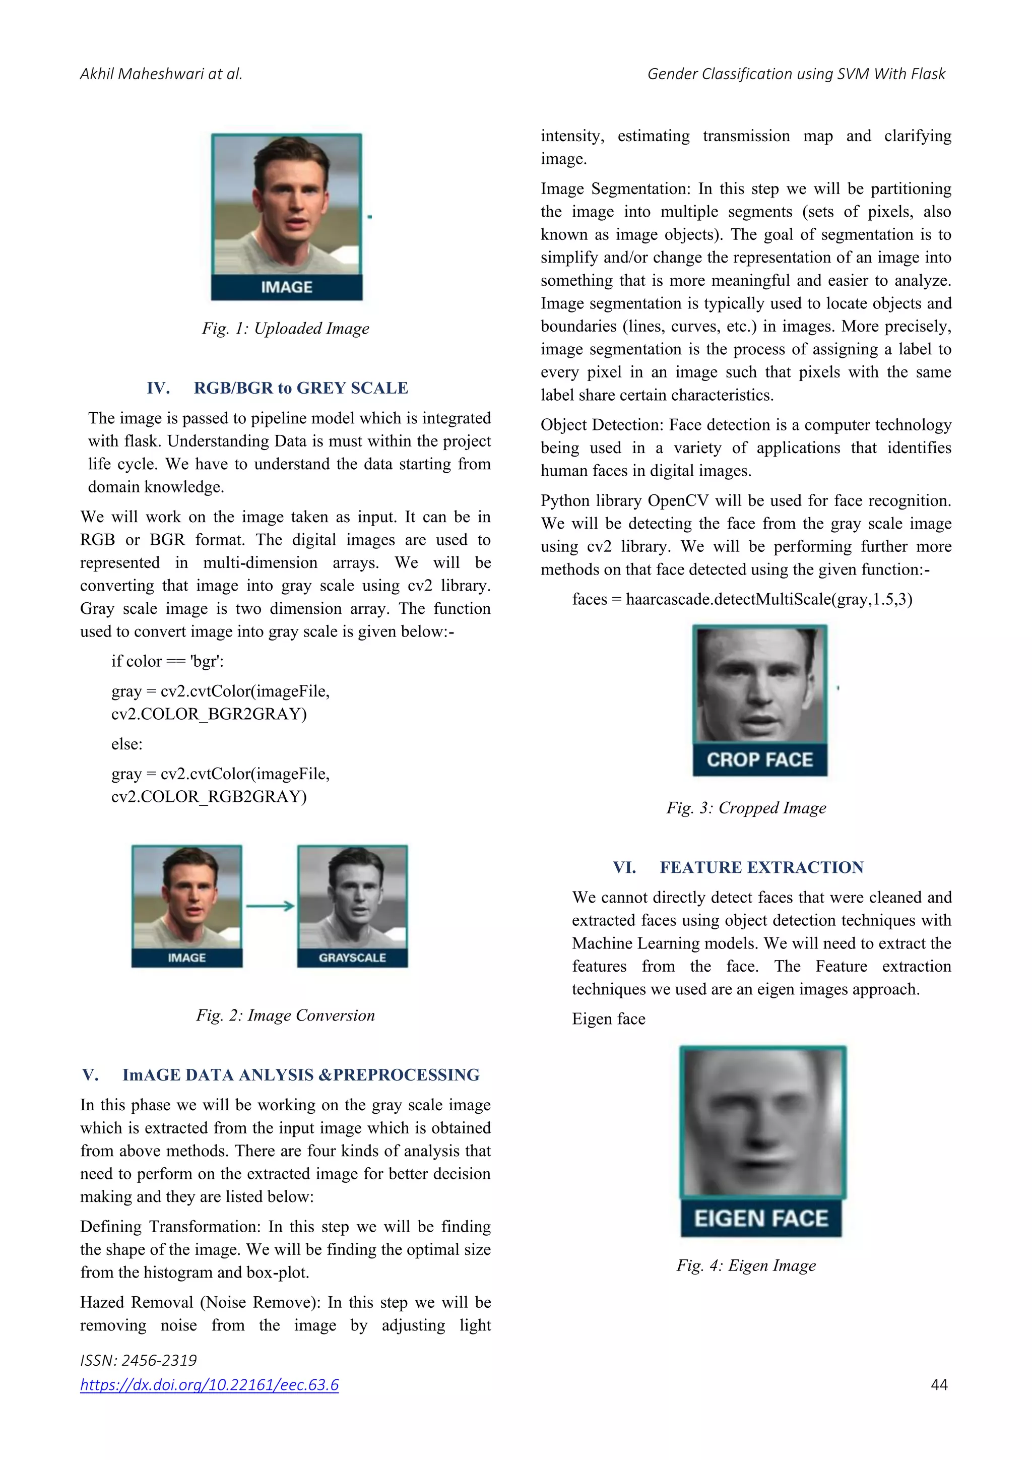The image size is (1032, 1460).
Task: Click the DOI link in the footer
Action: (x=209, y=1384)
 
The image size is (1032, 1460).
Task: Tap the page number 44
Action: (x=939, y=1385)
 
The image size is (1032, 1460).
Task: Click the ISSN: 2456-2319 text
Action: (x=138, y=1360)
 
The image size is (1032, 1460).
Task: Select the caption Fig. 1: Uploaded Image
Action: (x=286, y=328)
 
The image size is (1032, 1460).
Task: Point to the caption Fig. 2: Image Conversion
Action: (x=286, y=1015)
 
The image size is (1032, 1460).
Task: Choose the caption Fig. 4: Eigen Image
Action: (x=746, y=1265)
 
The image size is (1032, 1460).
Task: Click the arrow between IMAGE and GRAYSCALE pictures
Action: (x=270, y=906)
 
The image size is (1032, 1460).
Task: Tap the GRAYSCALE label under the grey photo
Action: (x=352, y=958)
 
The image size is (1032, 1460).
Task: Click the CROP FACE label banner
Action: (x=760, y=760)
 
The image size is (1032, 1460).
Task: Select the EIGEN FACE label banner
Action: (x=761, y=1219)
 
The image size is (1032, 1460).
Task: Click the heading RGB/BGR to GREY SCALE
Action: (x=301, y=388)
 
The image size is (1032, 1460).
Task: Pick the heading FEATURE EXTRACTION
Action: (x=762, y=867)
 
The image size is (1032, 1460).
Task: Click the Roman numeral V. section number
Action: (x=90, y=1074)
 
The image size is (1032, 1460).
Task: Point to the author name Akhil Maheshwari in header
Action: (x=142, y=74)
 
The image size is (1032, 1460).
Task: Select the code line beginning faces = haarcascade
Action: (x=742, y=599)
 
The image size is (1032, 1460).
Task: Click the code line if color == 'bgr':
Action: (x=167, y=661)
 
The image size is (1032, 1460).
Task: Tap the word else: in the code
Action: (x=127, y=744)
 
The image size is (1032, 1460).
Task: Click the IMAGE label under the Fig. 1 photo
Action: (x=287, y=287)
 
